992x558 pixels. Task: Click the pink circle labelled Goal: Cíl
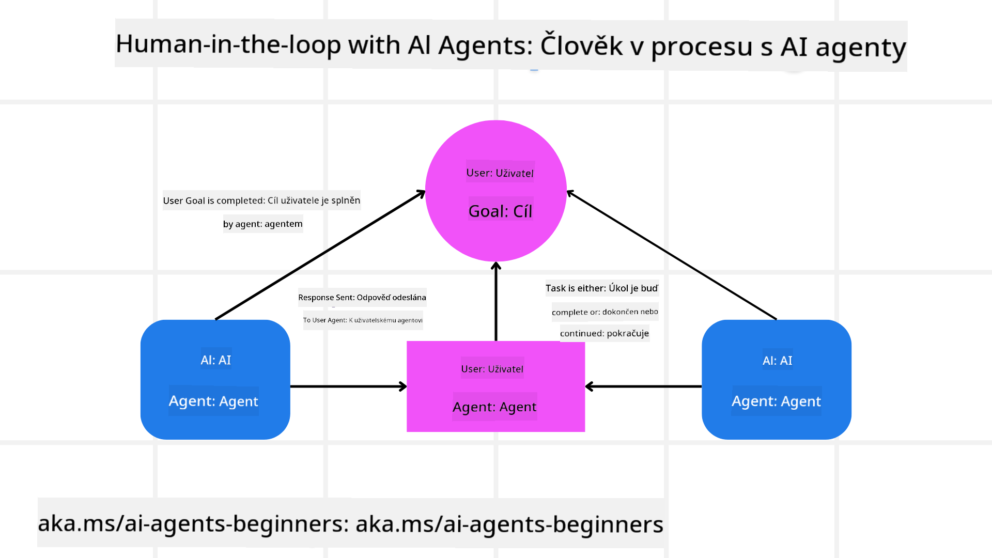(x=496, y=191)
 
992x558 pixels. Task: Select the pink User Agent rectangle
(x=496, y=386)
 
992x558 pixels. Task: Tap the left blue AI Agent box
(x=215, y=380)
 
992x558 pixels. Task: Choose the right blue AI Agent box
(x=777, y=380)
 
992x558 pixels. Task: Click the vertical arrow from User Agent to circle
(x=496, y=302)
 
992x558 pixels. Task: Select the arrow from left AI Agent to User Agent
(x=349, y=386)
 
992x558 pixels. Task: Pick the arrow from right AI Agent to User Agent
(x=643, y=386)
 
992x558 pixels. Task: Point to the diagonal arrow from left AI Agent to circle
(x=320, y=255)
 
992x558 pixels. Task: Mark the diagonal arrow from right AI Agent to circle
(x=672, y=255)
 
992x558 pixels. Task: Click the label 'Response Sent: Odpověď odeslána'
(x=362, y=297)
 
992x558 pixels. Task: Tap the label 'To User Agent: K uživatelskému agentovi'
(x=363, y=320)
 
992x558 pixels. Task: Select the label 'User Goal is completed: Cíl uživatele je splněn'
(x=261, y=200)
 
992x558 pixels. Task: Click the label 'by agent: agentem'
(x=263, y=224)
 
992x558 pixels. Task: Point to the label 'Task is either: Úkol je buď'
(x=602, y=288)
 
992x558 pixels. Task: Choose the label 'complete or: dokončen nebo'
(x=605, y=312)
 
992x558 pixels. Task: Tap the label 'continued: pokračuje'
(x=605, y=333)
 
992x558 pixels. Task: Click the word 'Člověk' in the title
(x=581, y=45)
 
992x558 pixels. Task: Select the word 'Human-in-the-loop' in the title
(x=228, y=44)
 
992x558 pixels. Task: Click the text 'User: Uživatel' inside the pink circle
(x=500, y=173)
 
